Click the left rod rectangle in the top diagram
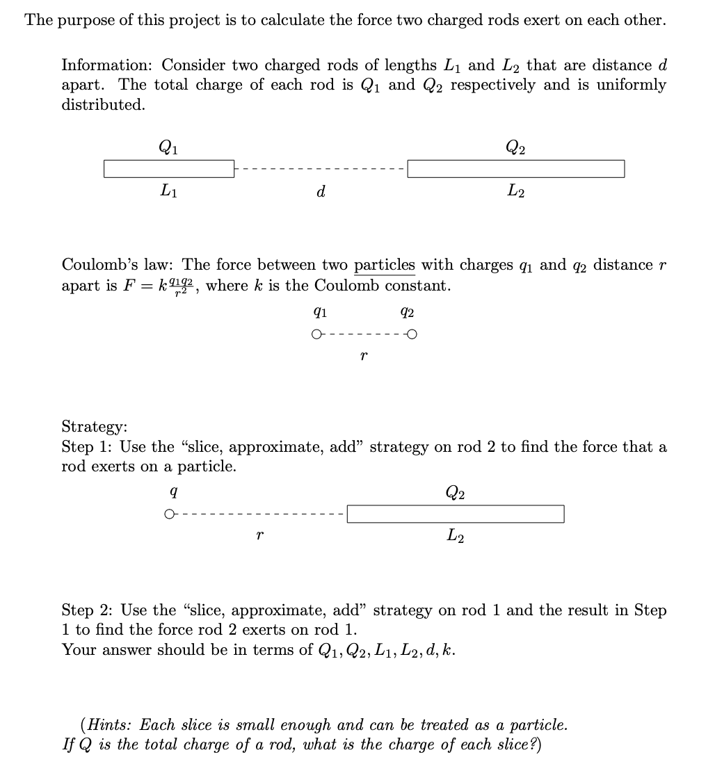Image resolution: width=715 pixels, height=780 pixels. coord(170,168)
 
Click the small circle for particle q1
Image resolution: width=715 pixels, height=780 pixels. coord(317,335)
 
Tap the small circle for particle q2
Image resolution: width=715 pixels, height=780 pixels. coord(412,335)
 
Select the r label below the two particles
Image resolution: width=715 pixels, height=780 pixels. coord(364,356)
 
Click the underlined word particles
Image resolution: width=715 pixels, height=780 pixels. coord(385,265)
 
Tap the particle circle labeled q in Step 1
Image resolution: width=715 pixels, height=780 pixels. coord(169,514)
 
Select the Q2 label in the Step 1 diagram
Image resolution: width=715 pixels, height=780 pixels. coord(456,493)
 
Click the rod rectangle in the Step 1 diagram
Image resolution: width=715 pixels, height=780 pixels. coord(456,514)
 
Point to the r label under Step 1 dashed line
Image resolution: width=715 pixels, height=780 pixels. coord(259,536)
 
